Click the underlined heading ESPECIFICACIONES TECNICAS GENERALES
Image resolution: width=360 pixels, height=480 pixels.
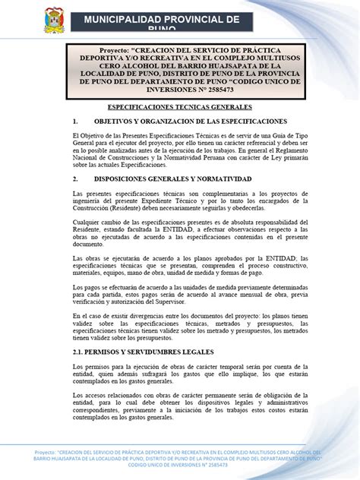180,108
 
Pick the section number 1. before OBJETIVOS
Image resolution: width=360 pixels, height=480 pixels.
75,122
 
